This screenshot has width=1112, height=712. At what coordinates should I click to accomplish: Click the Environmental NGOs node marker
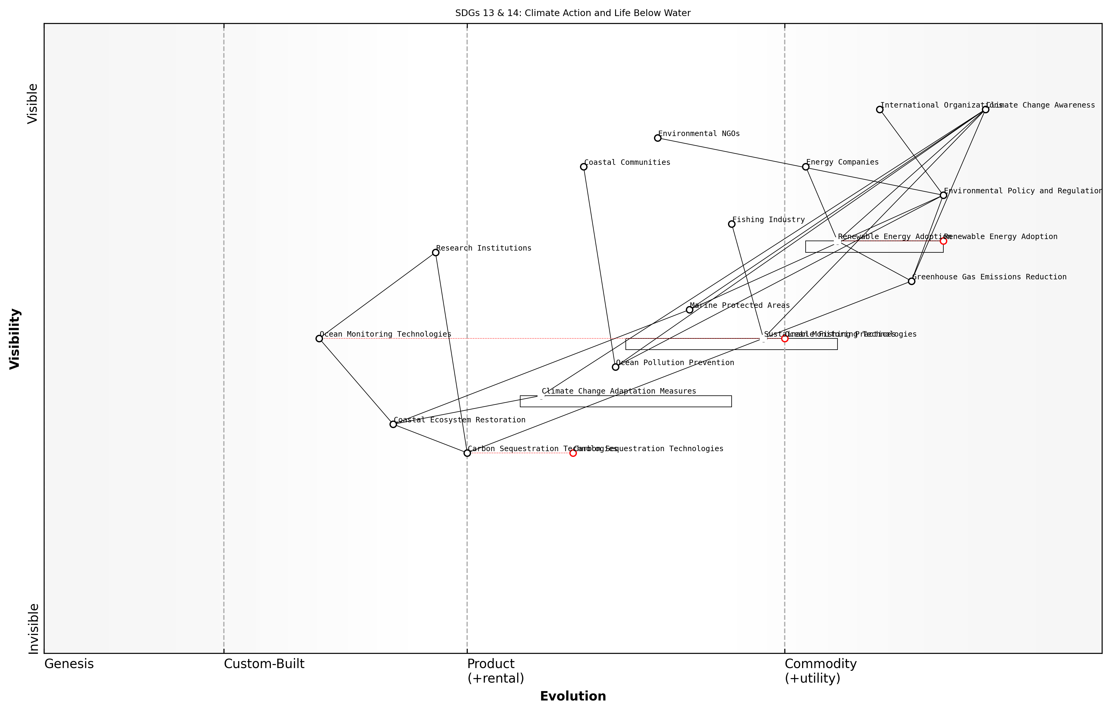[x=658, y=138]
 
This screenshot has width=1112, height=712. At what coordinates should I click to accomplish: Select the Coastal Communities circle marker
[x=584, y=166]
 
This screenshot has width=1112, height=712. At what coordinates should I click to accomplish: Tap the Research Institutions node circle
[x=436, y=252]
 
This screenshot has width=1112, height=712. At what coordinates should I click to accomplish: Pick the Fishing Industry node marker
[x=732, y=224]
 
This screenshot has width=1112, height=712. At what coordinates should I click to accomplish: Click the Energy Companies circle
[x=806, y=166]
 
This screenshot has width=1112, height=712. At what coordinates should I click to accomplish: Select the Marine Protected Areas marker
[x=689, y=310]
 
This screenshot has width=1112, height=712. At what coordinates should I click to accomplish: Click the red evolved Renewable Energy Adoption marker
[x=944, y=241]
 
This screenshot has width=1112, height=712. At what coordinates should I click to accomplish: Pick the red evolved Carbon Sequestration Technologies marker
[x=573, y=453]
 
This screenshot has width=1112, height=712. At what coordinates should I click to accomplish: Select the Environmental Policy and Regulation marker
[x=944, y=195]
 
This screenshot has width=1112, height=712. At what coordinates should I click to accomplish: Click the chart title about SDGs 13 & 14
[x=573, y=13]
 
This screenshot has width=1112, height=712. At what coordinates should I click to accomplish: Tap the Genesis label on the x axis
[x=69, y=664]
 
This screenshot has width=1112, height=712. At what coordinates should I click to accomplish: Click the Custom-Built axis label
[x=264, y=664]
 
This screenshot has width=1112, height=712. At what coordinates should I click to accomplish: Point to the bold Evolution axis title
[x=573, y=696]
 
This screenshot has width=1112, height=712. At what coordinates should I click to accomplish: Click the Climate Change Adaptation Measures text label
[x=619, y=391]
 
